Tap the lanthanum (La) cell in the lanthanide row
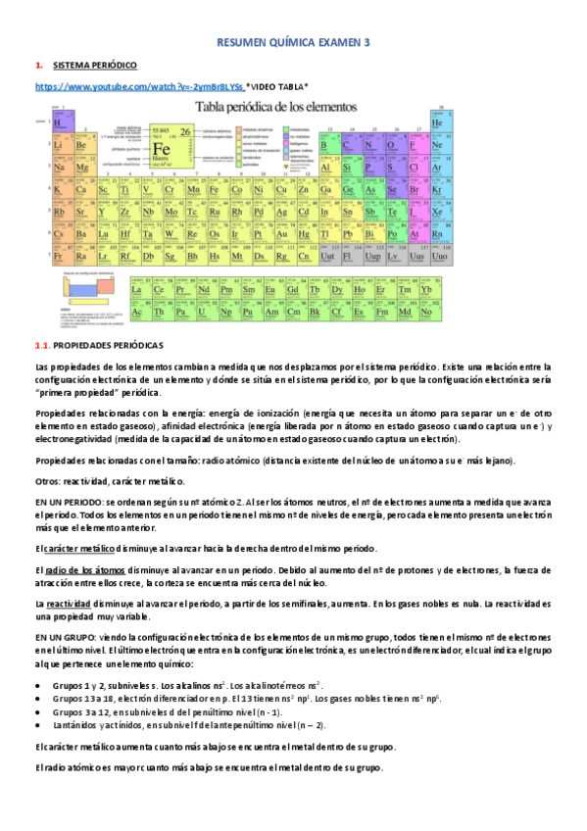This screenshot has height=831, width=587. [x=138, y=290]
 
